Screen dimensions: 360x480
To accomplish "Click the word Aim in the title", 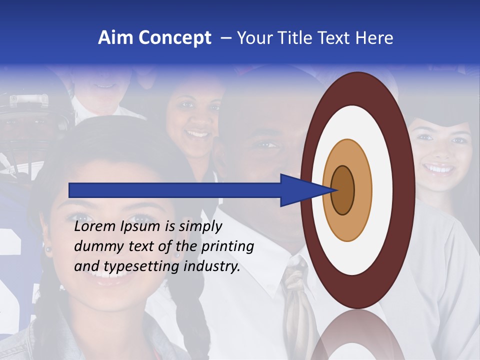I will pos(115,38).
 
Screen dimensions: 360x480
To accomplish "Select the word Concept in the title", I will pos(175,38).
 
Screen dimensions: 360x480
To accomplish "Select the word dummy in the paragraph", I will pos(95,246).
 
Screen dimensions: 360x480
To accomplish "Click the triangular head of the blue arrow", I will pos(300,190).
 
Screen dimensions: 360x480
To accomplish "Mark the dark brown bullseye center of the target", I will pos(342,190).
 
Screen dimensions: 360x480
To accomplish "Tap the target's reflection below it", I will pos(358,335).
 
